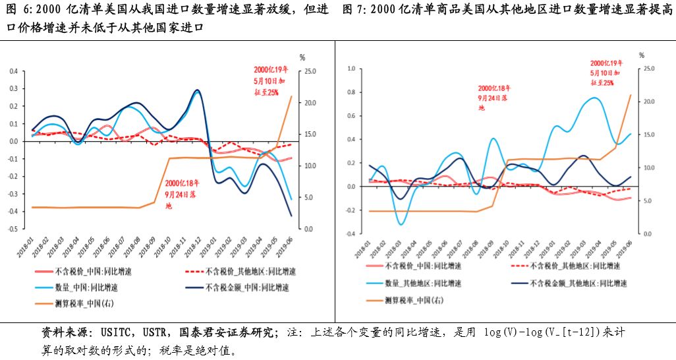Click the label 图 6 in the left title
coord(19,10)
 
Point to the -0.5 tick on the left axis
coord(13,229)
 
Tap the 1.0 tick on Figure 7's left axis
coord(351,69)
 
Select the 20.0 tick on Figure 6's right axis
coord(310,103)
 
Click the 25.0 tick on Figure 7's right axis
coord(648,69)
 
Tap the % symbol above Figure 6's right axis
coord(302,59)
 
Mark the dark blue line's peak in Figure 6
coord(197,90)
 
